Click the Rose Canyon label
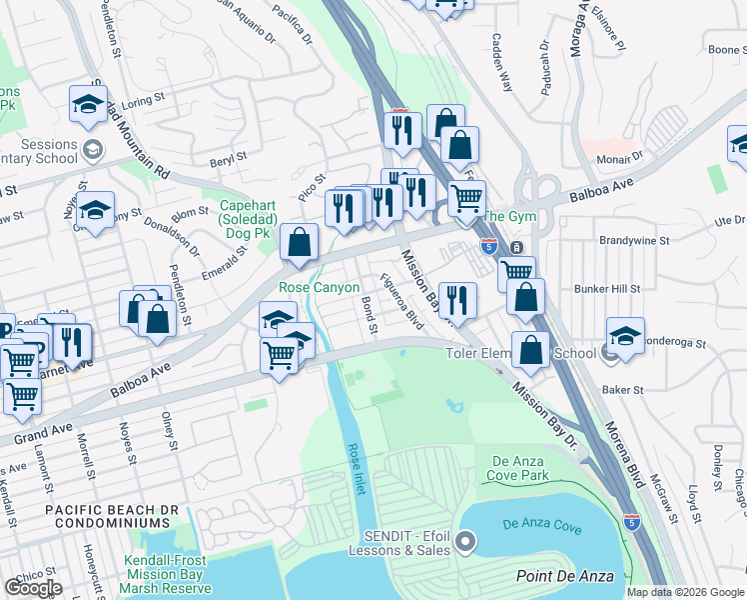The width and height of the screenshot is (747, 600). coord(319,287)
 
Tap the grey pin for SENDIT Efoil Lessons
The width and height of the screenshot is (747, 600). coord(464,543)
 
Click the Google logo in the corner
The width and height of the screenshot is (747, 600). coord(33,588)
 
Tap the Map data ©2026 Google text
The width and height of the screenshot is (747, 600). coord(685,592)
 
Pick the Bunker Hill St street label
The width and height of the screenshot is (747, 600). coord(610,288)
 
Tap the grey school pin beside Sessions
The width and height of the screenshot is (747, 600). coord(93,150)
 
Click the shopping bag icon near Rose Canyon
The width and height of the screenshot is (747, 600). coord(299,241)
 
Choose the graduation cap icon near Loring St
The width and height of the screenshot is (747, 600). coord(88,103)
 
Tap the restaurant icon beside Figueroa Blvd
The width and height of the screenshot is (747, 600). coord(456,297)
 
